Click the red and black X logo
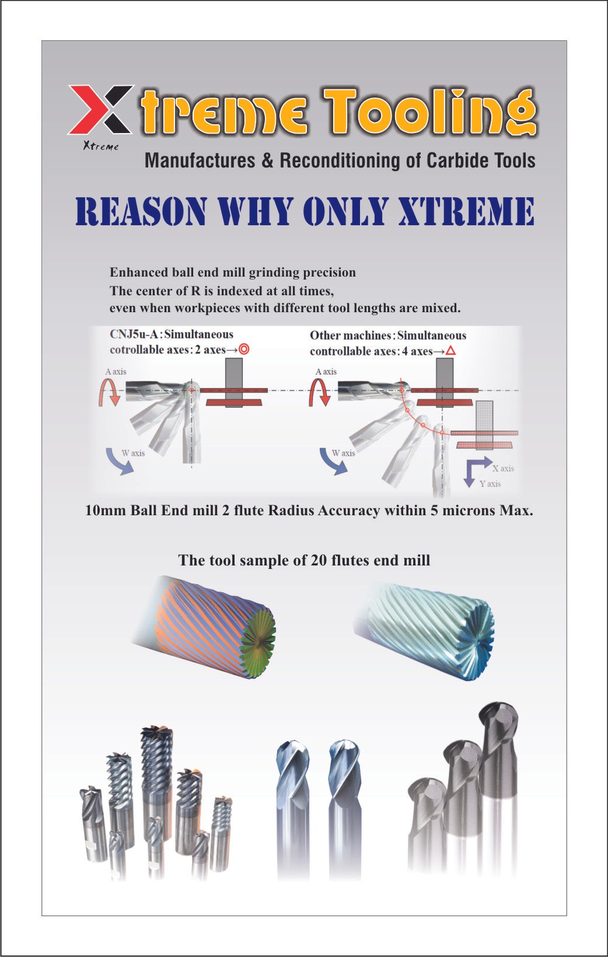point(101,109)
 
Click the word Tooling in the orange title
point(429,112)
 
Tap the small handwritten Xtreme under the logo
point(101,146)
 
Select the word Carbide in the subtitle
point(458,160)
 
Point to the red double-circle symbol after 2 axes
point(244,350)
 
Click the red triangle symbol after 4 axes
point(450,351)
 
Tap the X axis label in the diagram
point(503,468)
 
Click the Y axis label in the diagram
point(490,484)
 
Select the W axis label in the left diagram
point(133,453)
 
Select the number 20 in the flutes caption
point(319,560)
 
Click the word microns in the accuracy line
point(467,511)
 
